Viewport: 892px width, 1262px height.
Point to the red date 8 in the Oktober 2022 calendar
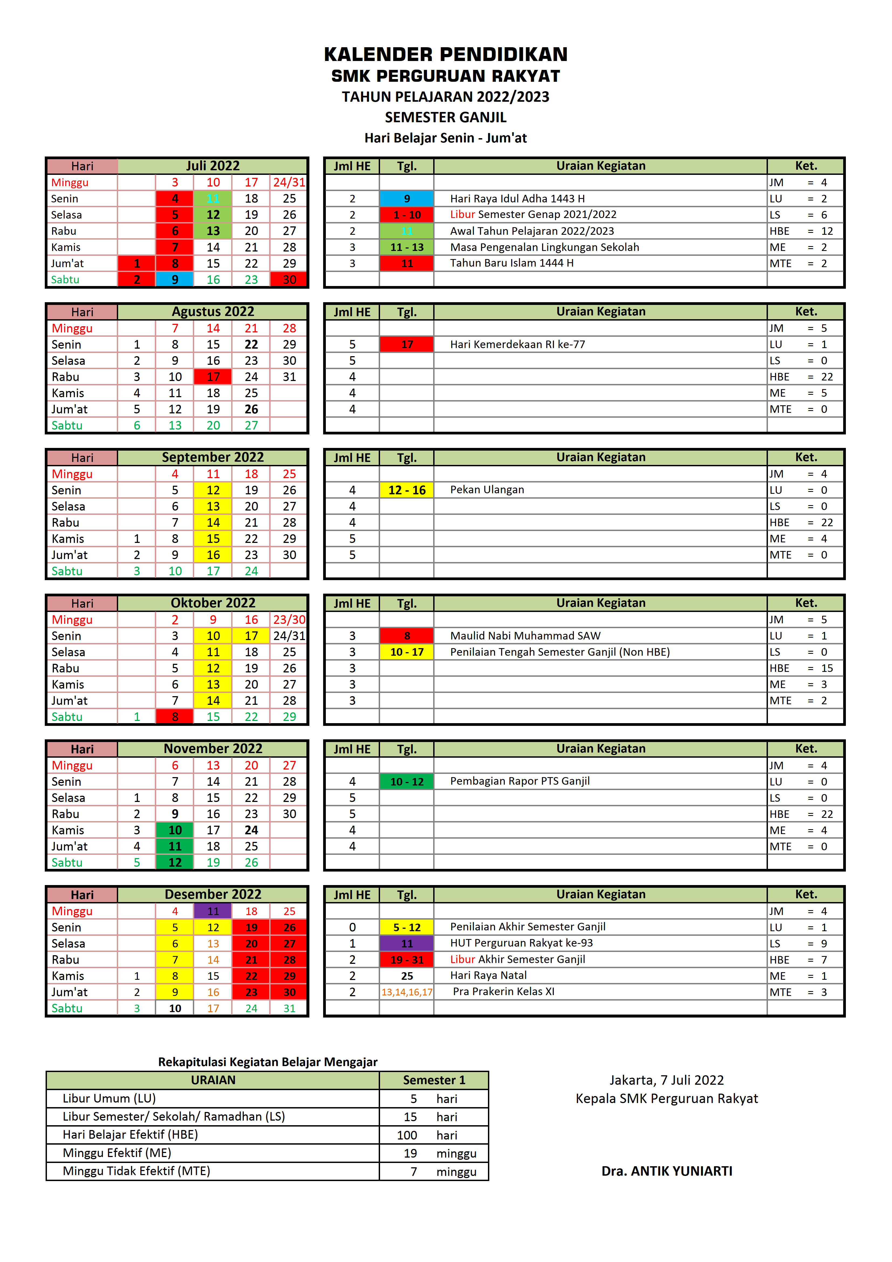[175, 717]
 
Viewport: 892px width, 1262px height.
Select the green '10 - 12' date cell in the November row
[407, 782]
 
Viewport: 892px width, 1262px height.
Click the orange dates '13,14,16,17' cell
[407, 992]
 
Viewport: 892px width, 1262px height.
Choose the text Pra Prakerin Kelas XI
[503, 992]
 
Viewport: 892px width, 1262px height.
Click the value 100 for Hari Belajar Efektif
[407, 1135]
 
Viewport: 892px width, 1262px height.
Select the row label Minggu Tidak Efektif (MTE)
[136, 1171]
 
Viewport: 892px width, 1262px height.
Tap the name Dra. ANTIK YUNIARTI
[667, 1171]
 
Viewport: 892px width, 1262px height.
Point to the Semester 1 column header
[434, 1080]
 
